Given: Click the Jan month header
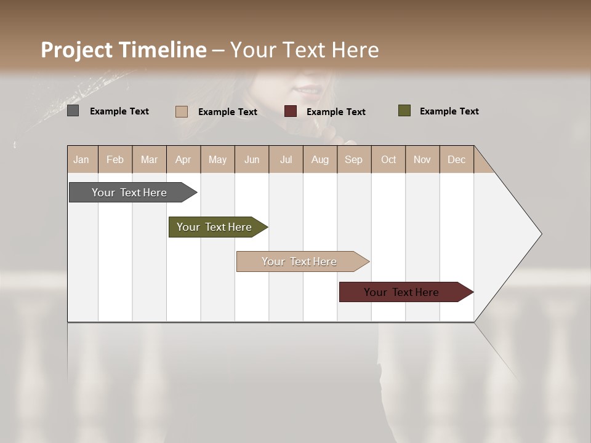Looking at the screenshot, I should (81, 159).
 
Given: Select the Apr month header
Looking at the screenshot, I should (183, 159).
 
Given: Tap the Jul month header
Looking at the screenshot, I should (286, 159).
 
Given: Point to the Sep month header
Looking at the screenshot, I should (353, 159).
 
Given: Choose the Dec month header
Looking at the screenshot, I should (456, 159).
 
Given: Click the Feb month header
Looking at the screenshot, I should (115, 159).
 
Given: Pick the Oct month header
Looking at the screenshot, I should (388, 159).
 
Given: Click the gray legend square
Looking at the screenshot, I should (73, 111).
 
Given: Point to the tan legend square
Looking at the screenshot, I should (182, 111).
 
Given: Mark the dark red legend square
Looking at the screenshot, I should (291, 111).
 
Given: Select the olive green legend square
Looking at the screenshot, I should (404, 111).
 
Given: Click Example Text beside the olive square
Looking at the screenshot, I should (449, 111).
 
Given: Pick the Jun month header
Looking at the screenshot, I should (252, 159).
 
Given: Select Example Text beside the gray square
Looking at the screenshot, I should (119, 111).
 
